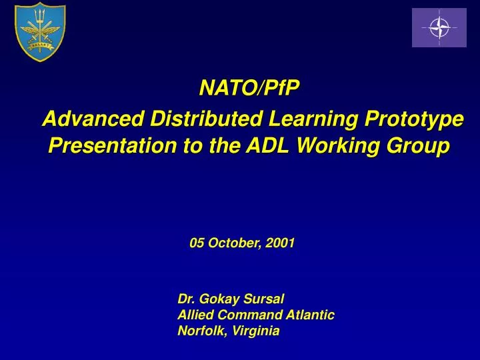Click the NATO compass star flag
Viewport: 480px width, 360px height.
439,27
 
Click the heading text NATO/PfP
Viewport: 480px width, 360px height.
251,87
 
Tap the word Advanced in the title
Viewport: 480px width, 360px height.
93,119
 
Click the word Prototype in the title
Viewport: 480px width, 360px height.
415,121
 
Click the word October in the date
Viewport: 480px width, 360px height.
234,243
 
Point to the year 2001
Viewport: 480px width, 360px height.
280,243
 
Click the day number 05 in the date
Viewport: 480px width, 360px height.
197,243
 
